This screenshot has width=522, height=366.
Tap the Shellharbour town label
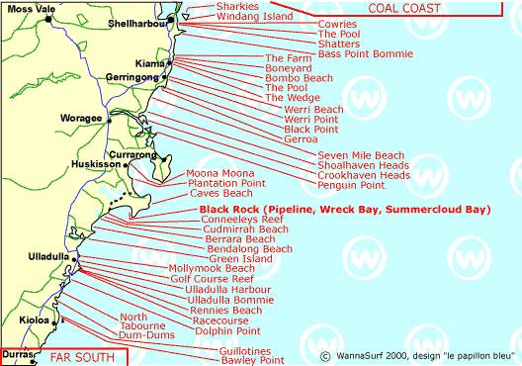[137, 22]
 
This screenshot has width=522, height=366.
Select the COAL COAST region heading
[427, 8]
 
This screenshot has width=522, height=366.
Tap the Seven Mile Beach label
[360, 155]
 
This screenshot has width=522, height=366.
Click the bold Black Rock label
[344, 210]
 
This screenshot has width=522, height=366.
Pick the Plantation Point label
[226, 183]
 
